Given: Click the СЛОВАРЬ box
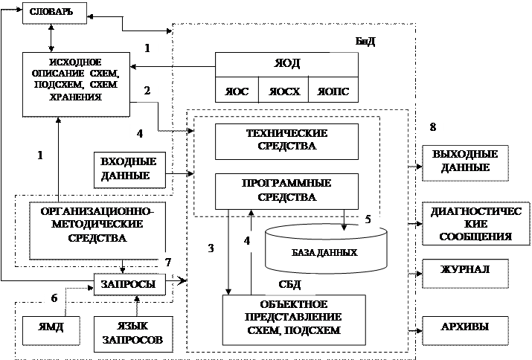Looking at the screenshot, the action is (54, 13).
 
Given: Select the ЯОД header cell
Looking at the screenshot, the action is (286, 65).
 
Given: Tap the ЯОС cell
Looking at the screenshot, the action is (237, 89).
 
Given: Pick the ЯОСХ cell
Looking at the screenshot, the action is (283, 89).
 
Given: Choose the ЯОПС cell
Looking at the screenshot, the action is (333, 89).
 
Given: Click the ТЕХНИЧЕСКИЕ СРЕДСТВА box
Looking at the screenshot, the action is (286, 141).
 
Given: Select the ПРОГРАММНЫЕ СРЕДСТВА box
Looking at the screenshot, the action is (286, 191).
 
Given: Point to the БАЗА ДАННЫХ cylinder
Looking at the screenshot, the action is (326, 248).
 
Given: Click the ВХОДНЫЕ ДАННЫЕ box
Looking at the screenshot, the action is (129, 170).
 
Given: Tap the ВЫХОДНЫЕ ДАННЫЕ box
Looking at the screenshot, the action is (465, 163).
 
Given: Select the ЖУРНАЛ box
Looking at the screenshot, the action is (465, 274).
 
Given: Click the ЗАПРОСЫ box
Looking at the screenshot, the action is (129, 284).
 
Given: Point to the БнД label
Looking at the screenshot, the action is (365, 42).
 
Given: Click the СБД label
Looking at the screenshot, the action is (289, 284).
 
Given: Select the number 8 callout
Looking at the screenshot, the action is (432, 127).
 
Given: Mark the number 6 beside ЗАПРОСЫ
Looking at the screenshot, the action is (54, 298).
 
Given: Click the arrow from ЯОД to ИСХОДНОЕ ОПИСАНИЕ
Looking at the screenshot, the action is (173, 67).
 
